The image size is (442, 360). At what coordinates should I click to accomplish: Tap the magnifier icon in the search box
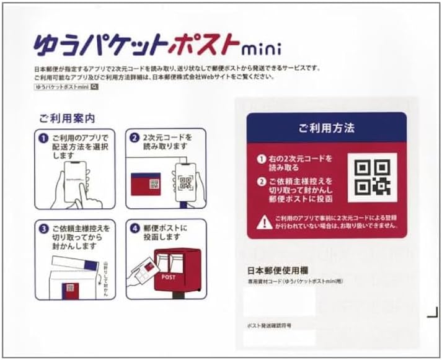(x=94, y=88)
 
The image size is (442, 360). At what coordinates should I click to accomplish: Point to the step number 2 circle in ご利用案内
(x=135, y=137)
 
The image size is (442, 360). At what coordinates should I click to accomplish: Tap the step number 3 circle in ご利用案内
(x=44, y=228)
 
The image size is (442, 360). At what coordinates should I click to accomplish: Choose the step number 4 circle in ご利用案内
(x=135, y=227)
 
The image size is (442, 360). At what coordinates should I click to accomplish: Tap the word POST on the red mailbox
(x=169, y=276)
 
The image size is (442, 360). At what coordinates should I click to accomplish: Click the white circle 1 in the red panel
(x=262, y=159)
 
